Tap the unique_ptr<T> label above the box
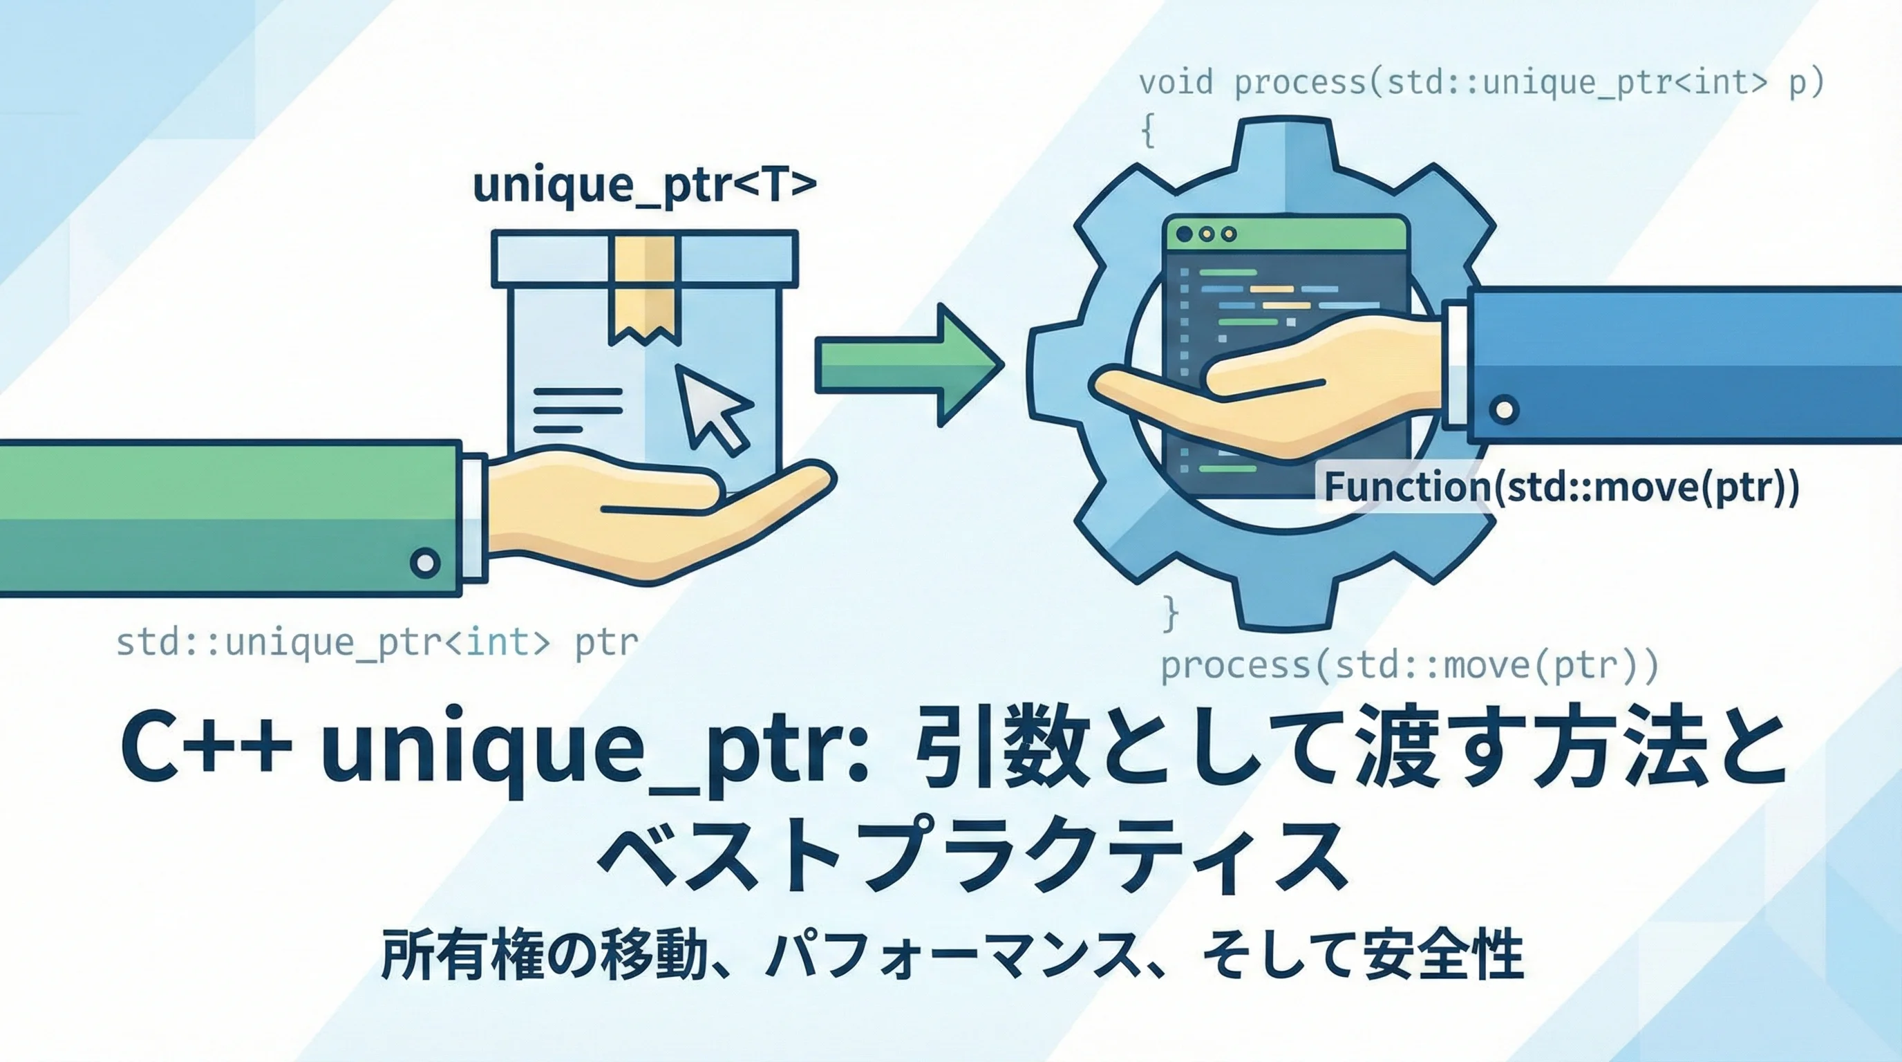point(645,185)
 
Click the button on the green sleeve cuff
point(424,563)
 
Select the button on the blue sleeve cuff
point(1504,409)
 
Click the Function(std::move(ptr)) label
point(1561,487)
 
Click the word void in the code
point(1176,82)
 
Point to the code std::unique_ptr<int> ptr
point(377,641)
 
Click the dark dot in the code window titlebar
point(1185,234)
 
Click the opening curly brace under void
point(1148,131)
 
